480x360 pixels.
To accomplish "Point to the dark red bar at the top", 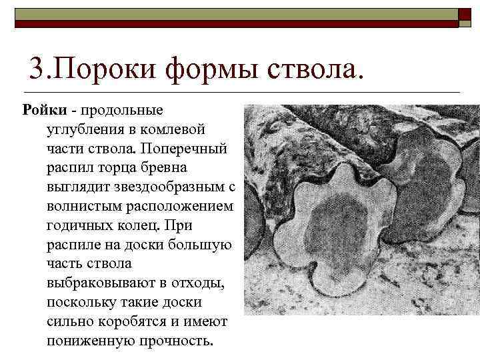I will tap(233, 24).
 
